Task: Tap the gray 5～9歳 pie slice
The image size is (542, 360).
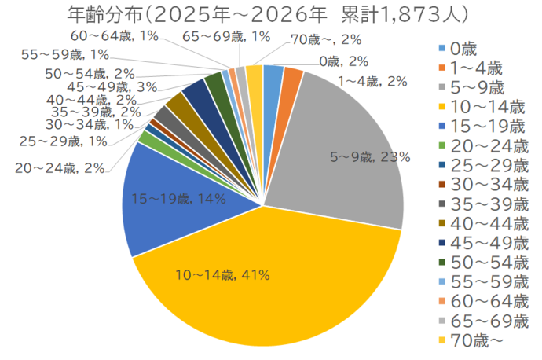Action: point(346,126)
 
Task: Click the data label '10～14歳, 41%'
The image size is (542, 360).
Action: point(223,275)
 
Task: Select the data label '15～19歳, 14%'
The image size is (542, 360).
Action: point(179,200)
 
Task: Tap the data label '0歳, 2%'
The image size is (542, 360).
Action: point(344,61)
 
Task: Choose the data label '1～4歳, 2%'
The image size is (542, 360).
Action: point(372,81)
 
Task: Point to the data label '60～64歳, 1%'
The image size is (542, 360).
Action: point(115,36)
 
